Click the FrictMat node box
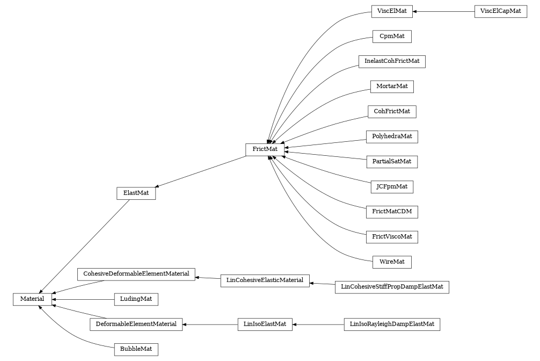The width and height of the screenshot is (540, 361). tap(265, 150)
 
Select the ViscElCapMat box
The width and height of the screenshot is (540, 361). tap(500, 11)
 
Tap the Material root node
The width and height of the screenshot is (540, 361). tap(32, 299)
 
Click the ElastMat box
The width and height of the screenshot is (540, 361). tap(136, 193)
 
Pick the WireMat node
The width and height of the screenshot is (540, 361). tap(392, 262)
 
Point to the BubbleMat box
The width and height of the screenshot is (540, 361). tap(136, 349)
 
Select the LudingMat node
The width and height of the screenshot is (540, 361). tap(136, 299)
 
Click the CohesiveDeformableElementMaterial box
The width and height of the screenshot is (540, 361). tap(136, 274)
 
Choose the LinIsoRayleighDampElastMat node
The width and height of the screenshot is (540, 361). tap(392, 324)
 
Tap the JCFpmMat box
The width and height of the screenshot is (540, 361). tap(392, 187)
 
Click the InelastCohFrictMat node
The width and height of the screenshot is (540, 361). tap(392, 61)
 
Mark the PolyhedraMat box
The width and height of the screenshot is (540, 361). tap(392, 136)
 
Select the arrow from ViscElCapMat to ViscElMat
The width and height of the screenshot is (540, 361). tap(443, 11)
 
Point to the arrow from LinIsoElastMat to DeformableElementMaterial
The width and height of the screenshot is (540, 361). tap(210, 324)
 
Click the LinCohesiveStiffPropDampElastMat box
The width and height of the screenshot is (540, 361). tap(392, 287)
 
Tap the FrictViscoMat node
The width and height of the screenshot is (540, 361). tap(392, 237)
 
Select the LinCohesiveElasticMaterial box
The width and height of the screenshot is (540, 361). tap(265, 280)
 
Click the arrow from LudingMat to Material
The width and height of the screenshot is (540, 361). tap(83, 299)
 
